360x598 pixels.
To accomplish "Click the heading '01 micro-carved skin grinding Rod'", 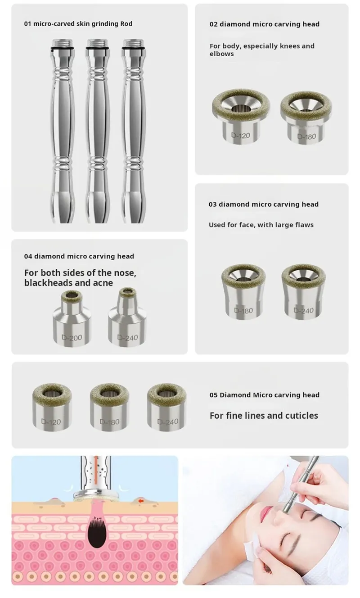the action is point(78,24).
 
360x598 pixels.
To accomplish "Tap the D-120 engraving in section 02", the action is point(240,136).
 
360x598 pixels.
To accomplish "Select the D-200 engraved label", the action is point(72,338).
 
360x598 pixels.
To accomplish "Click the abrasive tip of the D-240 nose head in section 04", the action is point(127,292).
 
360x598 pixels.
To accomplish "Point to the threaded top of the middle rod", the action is point(97,43).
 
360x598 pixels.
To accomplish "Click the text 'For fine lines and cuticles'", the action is point(264,415).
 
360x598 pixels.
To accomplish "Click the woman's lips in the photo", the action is point(266,512).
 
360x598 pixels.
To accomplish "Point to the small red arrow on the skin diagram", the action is point(141,501).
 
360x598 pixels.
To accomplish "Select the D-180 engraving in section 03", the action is point(243,310).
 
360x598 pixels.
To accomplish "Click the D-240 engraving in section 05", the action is point(167,421).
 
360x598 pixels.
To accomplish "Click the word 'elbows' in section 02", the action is point(221,54).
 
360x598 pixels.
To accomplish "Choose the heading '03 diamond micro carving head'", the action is point(263,204).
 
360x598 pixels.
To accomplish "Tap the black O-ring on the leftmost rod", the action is point(62,48).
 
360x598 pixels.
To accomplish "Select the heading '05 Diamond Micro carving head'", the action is point(264,395).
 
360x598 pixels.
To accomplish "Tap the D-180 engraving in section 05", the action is point(109,422).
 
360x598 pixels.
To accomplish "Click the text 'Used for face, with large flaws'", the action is point(261,225).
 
